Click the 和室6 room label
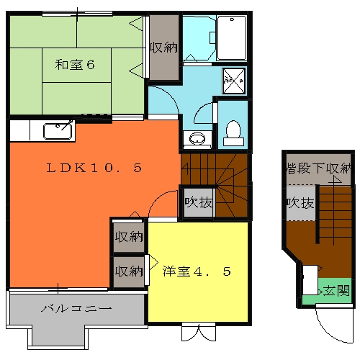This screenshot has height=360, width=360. pos(76,65)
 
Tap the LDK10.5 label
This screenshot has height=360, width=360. pos(94,168)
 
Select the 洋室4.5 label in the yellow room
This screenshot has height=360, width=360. pos(196,272)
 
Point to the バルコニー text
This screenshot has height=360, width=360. pos(76,309)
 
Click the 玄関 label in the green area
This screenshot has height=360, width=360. pos(336,291)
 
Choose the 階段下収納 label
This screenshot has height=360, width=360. pos(318,169)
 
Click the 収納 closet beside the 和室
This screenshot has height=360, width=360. pos(163,48)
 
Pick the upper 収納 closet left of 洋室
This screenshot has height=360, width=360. pos(129,237)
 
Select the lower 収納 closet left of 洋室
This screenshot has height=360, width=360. pos(129,272)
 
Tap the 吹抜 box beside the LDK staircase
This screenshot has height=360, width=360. pos(198,203)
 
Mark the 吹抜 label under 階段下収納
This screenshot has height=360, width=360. pos(300,203)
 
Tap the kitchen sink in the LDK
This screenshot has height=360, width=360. pos(58,131)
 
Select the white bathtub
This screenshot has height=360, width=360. pos(231,37)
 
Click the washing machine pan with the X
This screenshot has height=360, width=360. pos(233,80)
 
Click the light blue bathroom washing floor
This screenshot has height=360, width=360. pos(197,36)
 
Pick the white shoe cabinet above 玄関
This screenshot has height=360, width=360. pos(310,279)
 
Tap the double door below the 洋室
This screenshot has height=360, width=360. pos(198,332)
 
